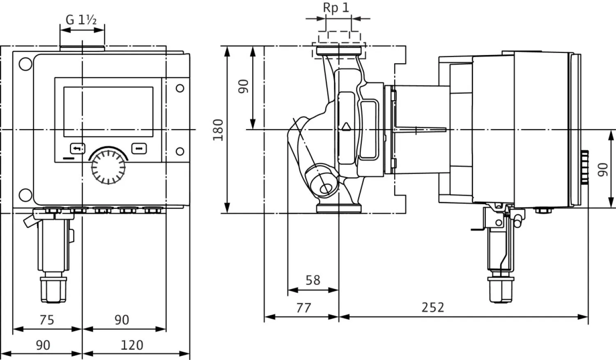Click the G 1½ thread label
click(81, 20)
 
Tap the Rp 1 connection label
click(336, 8)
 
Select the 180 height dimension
click(218, 130)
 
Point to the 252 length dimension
click(433, 307)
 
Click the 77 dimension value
click(303, 307)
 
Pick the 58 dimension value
click(313, 280)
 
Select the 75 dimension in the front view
click(46, 320)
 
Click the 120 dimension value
click(132, 345)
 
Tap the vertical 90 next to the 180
click(244, 86)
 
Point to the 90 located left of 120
click(43, 345)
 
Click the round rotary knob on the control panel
click(108, 166)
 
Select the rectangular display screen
click(108, 112)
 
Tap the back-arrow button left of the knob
click(78, 148)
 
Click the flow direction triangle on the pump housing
click(346, 126)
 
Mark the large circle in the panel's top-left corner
click(25, 64)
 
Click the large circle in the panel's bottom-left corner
click(25, 195)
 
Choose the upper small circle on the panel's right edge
click(180, 88)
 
